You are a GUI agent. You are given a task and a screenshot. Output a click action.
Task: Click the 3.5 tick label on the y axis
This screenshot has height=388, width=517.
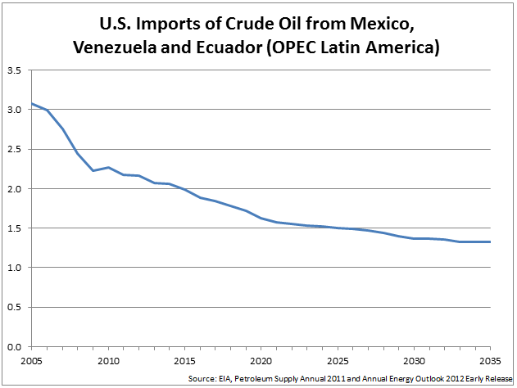16,71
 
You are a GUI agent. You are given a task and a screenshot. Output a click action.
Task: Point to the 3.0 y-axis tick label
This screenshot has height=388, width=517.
16,111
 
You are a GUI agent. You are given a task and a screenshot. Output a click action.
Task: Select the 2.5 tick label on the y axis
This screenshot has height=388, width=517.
16,150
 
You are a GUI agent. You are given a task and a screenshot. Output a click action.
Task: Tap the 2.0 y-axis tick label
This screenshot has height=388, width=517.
16,189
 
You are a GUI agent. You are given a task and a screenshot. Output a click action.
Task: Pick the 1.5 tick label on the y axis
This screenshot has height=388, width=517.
16,228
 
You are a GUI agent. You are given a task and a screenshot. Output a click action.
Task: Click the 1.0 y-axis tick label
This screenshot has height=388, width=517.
16,268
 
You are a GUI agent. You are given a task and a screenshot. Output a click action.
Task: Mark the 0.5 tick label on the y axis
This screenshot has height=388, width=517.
16,307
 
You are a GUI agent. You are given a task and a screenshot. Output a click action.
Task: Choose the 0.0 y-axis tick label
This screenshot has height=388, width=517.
16,346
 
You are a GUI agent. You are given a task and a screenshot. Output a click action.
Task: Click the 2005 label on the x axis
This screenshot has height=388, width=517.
30,360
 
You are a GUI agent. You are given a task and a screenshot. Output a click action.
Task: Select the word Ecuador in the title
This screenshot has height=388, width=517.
231,47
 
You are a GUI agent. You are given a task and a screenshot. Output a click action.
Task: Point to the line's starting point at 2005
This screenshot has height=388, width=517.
31,104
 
